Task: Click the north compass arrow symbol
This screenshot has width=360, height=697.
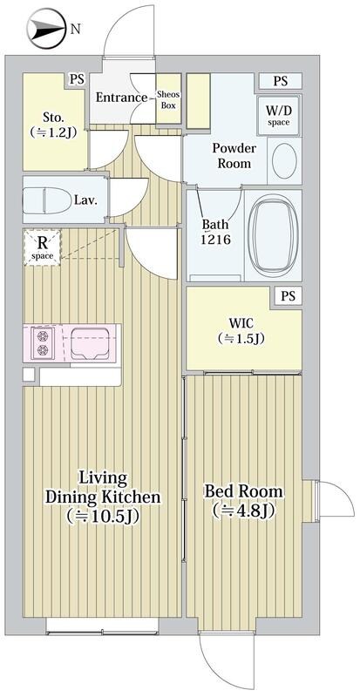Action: (46, 29)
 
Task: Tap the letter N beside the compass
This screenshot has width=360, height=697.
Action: (76, 30)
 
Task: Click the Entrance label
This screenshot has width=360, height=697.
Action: (121, 98)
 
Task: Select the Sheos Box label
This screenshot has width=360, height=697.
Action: (168, 101)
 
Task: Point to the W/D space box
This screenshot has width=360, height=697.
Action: (279, 115)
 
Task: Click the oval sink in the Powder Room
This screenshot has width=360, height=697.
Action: (284, 161)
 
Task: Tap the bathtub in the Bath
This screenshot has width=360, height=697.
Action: (273, 235)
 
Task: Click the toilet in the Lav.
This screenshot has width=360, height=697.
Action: (47, 200)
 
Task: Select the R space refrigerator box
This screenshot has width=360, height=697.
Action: (42, 247)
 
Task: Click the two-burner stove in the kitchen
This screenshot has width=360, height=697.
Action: (43, 342)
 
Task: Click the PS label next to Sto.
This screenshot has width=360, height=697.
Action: (77, 79)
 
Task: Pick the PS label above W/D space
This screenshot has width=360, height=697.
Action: (281, 81)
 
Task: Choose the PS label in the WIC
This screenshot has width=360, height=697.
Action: (288, 296)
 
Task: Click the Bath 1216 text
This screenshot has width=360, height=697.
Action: (216, 232)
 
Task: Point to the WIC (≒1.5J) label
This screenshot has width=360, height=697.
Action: (242, 331)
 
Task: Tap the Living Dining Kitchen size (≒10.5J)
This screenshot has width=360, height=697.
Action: (103, 516)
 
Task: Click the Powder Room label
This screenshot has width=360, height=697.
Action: (234, 156)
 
